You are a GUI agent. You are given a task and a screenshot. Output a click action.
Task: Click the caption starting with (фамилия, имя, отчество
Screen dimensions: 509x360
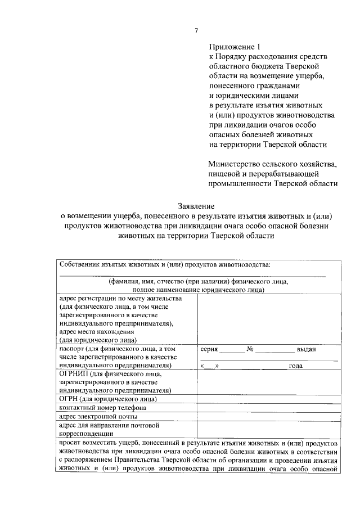pos(198,281)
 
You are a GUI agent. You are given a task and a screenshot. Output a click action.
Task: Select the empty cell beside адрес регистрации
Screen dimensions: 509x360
pos(268,319)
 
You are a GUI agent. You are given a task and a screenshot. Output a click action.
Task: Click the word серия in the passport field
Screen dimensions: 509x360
pos(209,349)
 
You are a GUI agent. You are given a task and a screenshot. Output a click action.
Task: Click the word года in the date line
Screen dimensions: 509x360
pos(295,366)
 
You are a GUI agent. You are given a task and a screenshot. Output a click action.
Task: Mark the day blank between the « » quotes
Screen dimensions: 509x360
pos(209,366)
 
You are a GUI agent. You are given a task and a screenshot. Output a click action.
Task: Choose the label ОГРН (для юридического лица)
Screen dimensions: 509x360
pos(107,399)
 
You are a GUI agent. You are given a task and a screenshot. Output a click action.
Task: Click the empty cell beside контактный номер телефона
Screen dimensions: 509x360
pos(268,408)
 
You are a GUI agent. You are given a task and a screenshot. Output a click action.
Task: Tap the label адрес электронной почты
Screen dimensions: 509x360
pos(98,416)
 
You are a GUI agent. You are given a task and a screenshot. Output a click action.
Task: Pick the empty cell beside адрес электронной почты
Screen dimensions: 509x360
pos(268,416)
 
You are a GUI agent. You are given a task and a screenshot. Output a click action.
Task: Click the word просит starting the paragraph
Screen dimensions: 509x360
pos(70,443)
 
